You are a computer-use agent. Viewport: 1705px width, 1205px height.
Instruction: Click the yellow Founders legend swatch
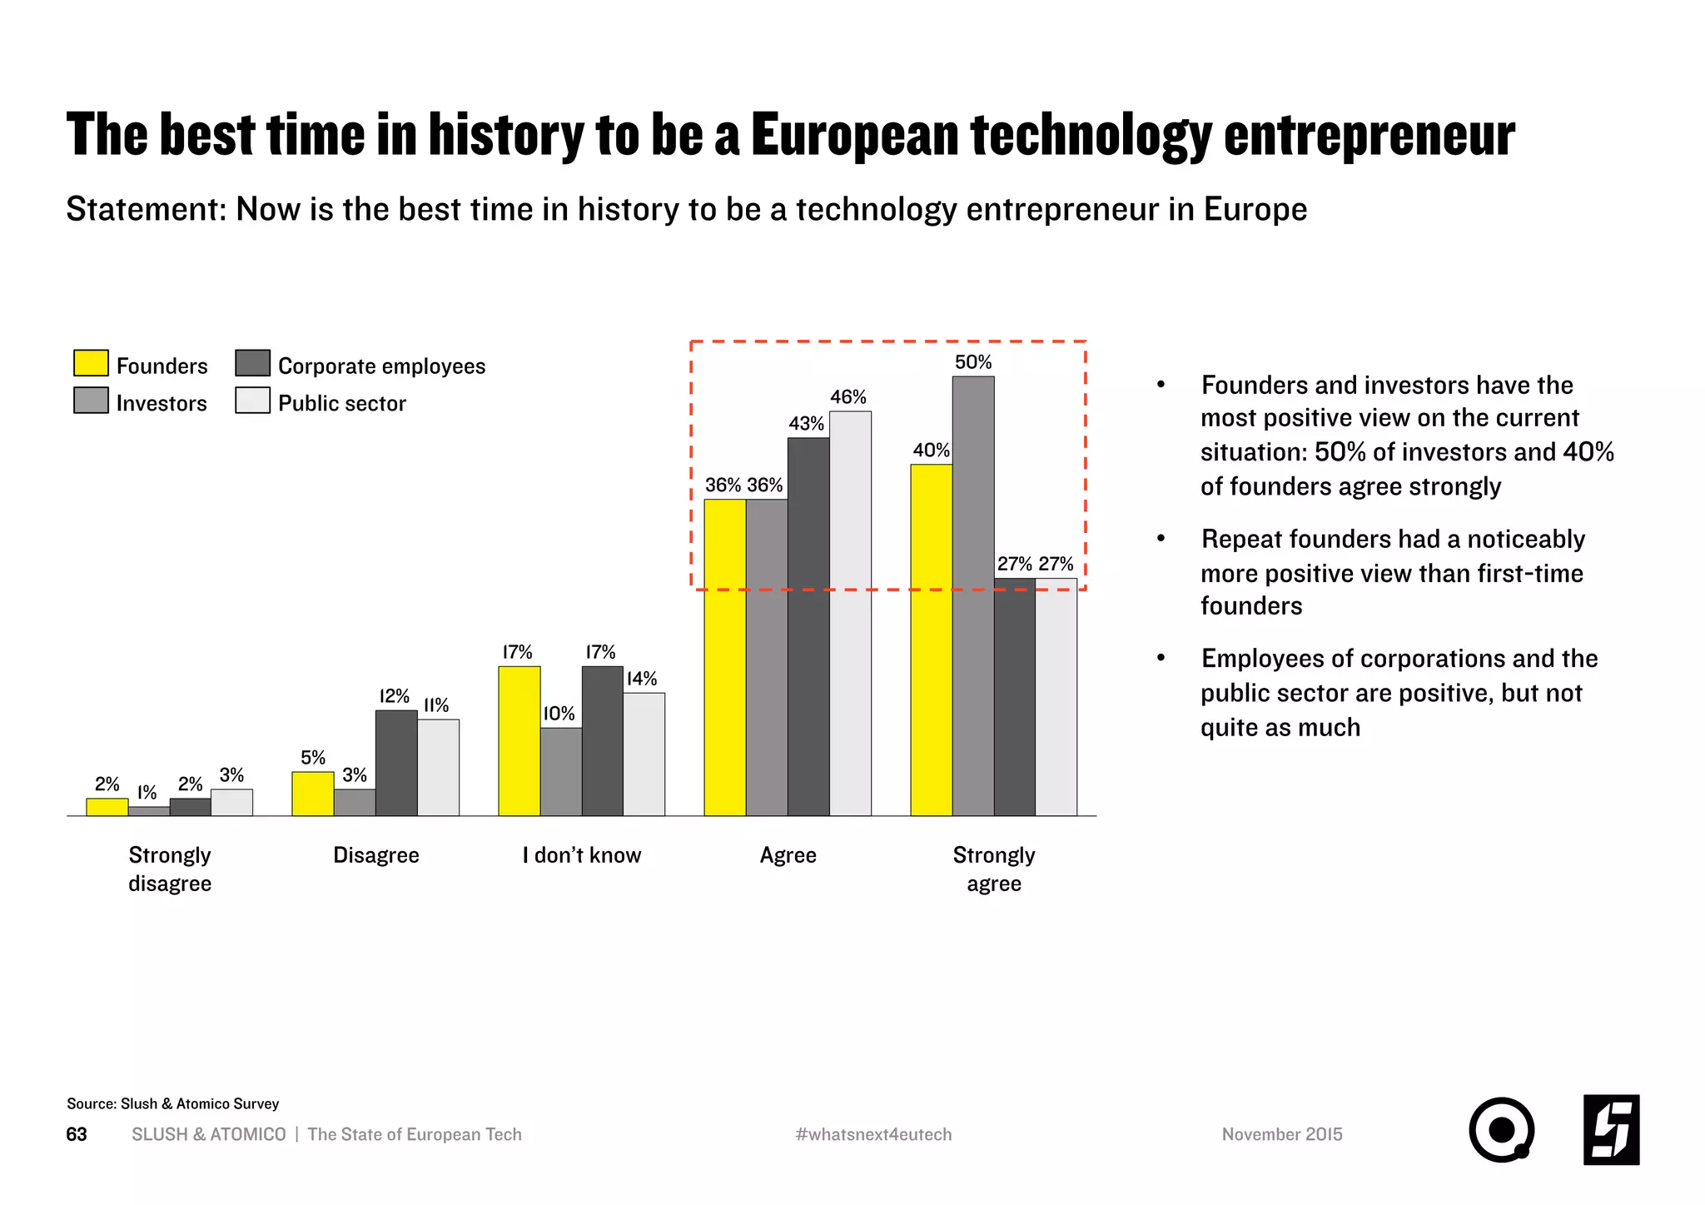click(91, 363)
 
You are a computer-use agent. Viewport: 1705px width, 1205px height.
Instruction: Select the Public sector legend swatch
click(252, 401)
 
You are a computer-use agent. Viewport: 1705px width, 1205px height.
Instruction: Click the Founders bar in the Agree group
click(724, 657)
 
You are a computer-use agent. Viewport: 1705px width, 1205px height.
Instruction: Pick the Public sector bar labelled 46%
click(850, 613)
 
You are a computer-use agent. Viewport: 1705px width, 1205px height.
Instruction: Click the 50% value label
click(972, 362)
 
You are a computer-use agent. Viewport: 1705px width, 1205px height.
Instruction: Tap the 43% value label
click(806, 424)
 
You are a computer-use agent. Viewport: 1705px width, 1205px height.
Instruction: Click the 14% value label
click(642, 679)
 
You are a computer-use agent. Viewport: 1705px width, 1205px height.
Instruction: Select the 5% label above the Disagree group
click(313, 758)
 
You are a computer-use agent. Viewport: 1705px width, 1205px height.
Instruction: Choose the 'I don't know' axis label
click(581, 855)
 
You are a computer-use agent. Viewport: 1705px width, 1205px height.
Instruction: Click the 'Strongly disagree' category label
click(170, 869)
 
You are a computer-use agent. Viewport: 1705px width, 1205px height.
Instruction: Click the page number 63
click(77, 1134)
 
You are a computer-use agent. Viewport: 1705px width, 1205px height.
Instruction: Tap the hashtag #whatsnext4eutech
click(873, 1134)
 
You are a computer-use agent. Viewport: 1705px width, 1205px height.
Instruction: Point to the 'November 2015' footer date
click(1281, 1134)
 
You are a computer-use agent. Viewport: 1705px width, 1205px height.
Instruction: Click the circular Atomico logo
click(1500, 1130)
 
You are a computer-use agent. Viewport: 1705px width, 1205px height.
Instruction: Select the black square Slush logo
click(1611, 1130)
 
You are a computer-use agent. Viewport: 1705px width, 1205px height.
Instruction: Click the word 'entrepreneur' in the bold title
click(1369, 135)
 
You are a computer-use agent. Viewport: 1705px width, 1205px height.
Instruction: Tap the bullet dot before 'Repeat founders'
click(1161, 539)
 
